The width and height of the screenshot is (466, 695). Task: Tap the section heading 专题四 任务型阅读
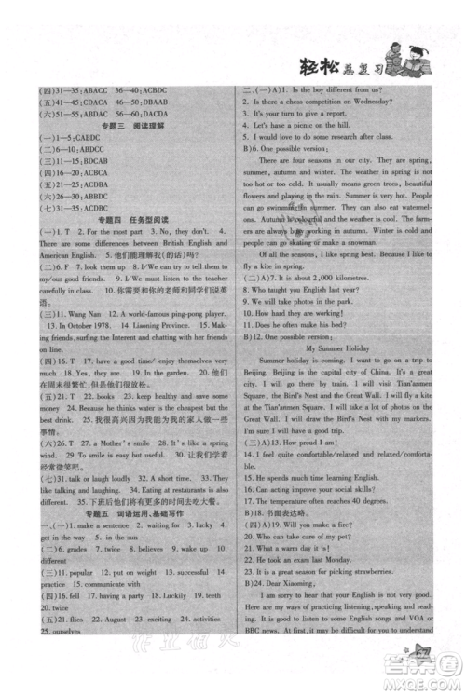pyautogui.click(x=126, y=241)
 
